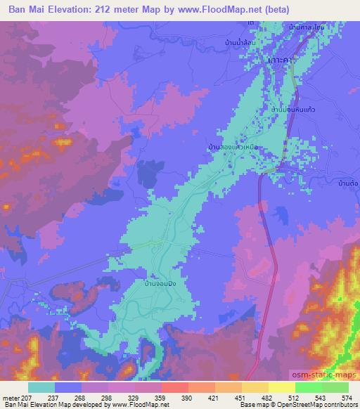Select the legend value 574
pos(347,398)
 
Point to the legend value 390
pos(188,398)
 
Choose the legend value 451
pos(241,398)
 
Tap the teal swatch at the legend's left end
pos(41,387)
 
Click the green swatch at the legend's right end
pos(334,387)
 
